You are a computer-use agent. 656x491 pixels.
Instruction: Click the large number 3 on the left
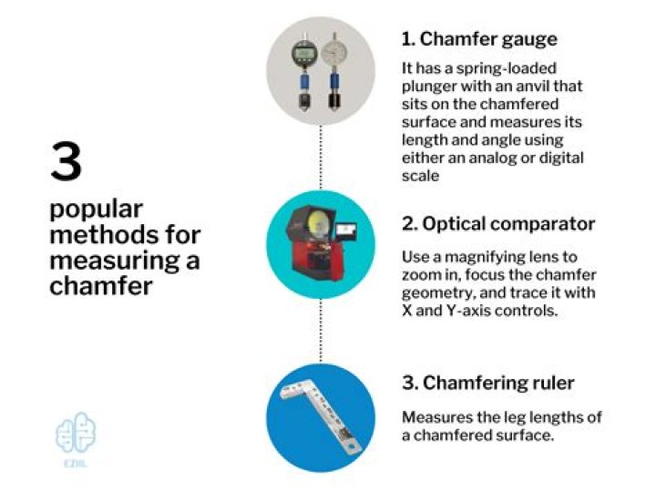[x=67, y=162]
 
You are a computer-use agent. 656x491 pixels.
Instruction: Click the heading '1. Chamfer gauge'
[x=479, y=40]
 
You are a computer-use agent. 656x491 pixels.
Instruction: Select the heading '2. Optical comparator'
[x=498, y=224]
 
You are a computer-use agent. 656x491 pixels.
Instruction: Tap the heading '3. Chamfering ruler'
[x=488, y=384]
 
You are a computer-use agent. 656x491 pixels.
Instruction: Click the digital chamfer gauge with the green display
[x=304, y=72]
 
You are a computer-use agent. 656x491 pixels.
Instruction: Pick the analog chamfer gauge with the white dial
[x=333, y=72]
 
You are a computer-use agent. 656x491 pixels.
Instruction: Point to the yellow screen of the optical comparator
[x=318, y=222]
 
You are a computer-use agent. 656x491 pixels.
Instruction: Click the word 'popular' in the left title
[x=97, y=210]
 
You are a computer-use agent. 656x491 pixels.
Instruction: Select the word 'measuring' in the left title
[x=114, y=261]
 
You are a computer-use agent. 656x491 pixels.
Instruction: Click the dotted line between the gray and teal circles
[x=321, y=158]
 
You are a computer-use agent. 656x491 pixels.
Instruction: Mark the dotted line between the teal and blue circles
[x=321, y=331]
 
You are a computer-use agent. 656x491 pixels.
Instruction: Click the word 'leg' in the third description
[x=514, y=418]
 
